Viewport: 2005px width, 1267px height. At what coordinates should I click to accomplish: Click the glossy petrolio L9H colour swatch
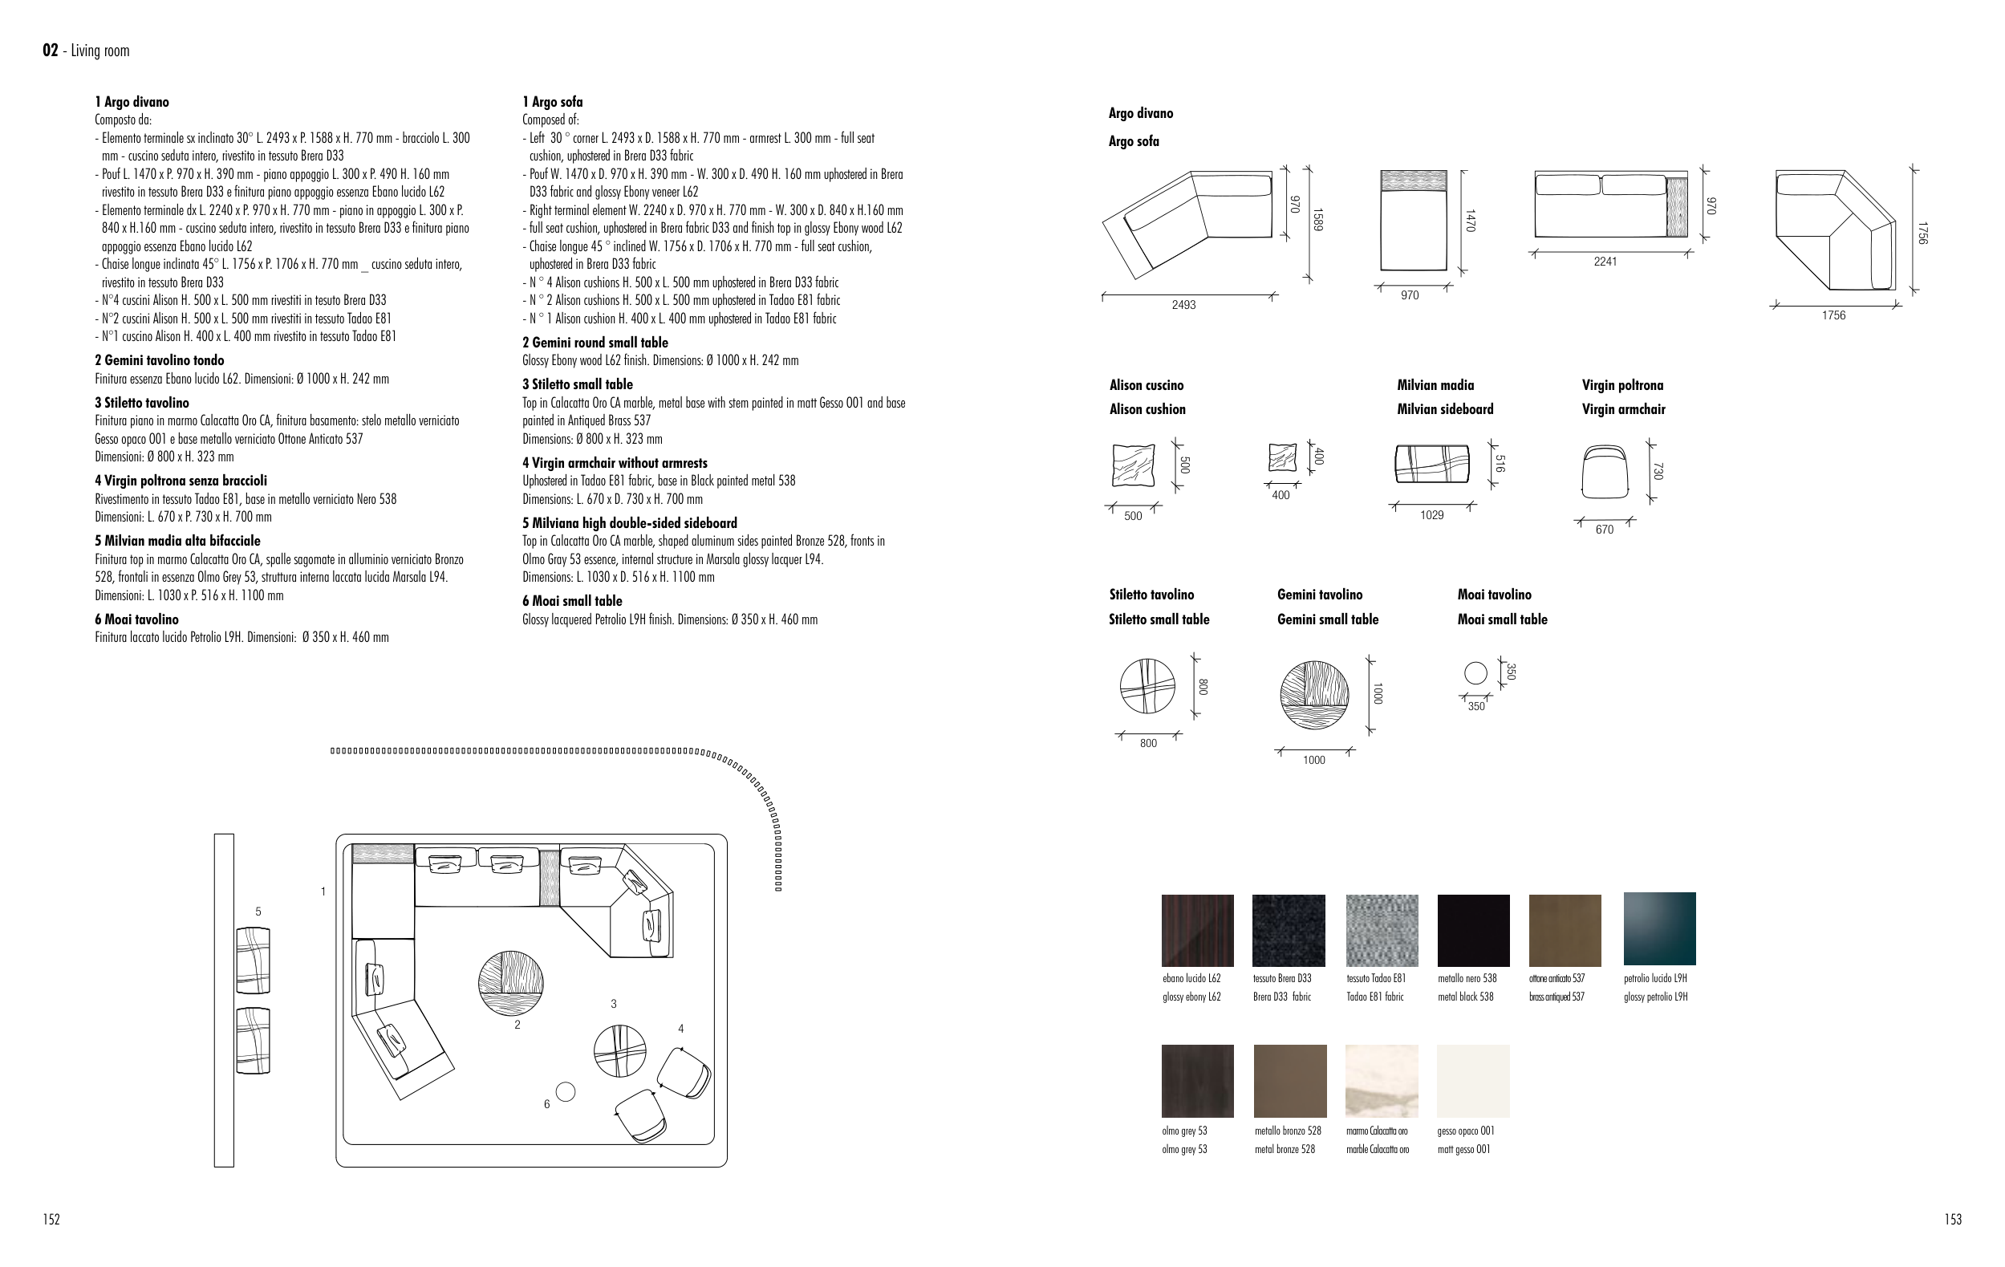point(1658,928)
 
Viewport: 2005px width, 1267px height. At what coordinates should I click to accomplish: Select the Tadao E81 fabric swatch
point(1382,930)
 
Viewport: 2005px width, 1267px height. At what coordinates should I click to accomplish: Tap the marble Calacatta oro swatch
point(1382,1081)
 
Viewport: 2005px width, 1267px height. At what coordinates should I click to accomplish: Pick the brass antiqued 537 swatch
point(1565,930)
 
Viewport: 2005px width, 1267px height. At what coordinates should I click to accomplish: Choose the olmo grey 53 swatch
point(1197,1081)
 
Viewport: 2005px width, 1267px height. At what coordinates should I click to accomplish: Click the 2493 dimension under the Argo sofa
point(1183,306)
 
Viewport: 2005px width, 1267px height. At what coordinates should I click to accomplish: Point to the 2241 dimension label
point(1605,262)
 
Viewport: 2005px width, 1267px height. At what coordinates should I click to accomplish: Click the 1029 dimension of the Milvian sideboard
point(1431,515)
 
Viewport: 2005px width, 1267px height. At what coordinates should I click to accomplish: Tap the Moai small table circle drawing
point(1475,672)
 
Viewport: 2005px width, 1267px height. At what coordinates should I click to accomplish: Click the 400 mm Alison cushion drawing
point(1281,459)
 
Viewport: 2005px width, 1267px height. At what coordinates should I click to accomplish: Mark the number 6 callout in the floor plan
point(547,1105)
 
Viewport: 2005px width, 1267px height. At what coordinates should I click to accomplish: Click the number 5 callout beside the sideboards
point(258,912)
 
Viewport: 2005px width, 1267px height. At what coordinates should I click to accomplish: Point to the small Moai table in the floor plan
point(566,1091)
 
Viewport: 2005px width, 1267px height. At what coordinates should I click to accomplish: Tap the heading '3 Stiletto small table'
point(577,384)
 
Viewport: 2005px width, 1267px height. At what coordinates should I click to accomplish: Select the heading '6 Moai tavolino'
point(136,619)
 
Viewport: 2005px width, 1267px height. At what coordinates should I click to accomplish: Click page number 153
point(1953,1220)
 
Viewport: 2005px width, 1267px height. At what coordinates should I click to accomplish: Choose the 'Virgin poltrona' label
point(1622,385)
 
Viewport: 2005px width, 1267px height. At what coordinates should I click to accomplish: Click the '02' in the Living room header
point(50,51)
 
